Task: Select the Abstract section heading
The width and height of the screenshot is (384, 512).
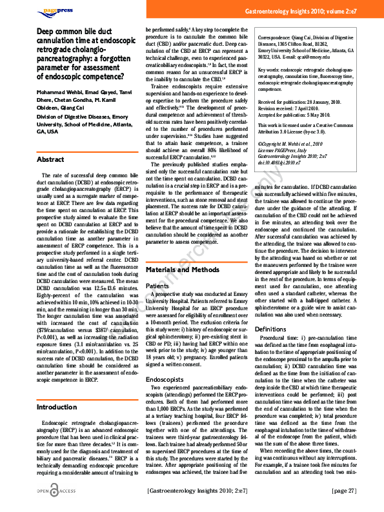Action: (50, 159)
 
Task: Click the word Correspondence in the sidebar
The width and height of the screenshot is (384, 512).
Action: (276, 38)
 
